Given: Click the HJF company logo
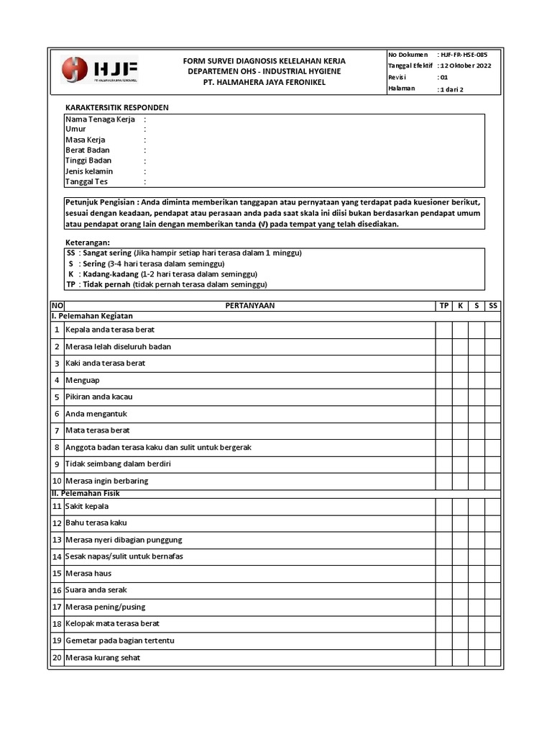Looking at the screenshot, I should [99, 71].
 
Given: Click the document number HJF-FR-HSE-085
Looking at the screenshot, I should [468, 55].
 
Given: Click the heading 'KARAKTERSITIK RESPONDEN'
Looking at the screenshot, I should [117, 107].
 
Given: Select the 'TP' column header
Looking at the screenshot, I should [443, 306].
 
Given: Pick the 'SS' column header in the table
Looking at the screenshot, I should [493, 306].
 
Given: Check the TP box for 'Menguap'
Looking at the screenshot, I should [443, 380].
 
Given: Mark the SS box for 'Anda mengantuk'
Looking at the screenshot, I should [493, 414].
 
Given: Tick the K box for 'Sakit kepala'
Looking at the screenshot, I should [460, 507].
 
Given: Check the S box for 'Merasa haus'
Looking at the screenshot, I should [477, 574].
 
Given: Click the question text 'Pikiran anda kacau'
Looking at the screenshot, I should [99, 397].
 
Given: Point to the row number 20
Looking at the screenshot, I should [57, 658].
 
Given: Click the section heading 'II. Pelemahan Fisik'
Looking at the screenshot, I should [86, 493].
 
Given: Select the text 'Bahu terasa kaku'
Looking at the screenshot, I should [96, 523].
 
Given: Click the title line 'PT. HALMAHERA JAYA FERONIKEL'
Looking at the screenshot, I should [264, 83].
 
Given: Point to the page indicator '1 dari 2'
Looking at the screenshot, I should [451, 90].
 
